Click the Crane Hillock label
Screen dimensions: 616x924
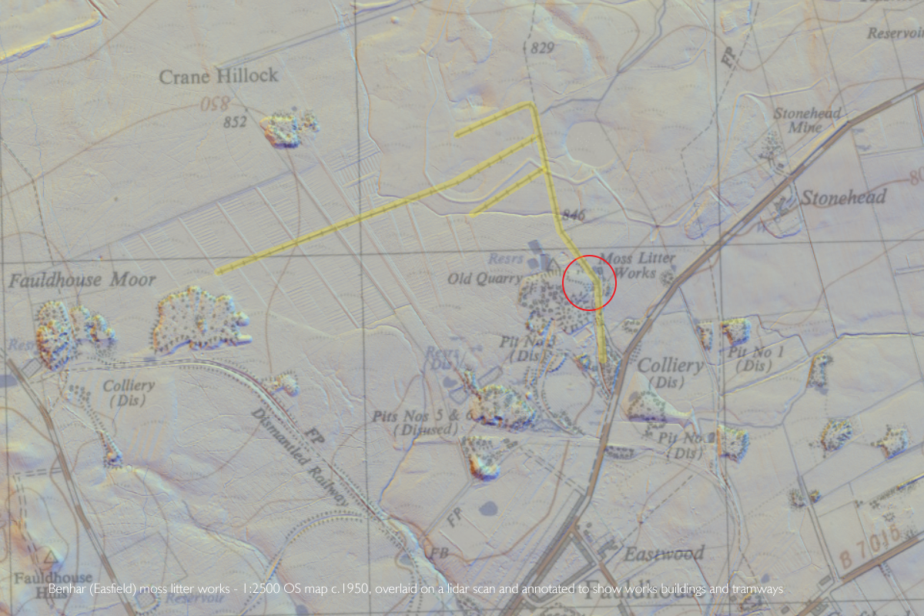click(x=218, y=76)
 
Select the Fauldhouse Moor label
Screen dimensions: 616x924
click(x=82, y=280)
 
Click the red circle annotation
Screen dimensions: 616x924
click(x=589, y=283)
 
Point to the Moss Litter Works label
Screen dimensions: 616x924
click(x=637, y=265)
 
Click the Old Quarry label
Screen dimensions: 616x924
click(x=484, y=279)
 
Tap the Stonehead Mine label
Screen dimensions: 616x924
click(x=806, y=120)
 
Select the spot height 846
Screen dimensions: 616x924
click(x=573, y=215)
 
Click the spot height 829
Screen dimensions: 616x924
click(x=542, y=49)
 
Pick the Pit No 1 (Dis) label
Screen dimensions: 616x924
click(x=755, y=359)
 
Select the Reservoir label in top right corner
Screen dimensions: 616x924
click(x=894, y=33)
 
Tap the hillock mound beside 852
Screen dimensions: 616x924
click(x=289, y=128)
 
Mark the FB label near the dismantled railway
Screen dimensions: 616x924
click(x=440, y=554)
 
